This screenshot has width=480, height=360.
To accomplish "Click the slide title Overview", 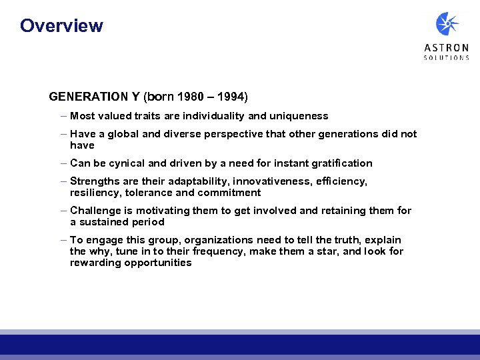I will tap(61, 26).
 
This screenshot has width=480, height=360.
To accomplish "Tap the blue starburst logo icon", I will tap(447, 24).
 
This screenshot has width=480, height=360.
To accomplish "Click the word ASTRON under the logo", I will tap(447, 48).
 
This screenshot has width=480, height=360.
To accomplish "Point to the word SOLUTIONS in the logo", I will tap(447, 58).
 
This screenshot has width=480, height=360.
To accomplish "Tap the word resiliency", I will tap(92, 193).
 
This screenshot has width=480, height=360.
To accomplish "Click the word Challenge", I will tap(95, 211).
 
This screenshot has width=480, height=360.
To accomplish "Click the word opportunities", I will tap(158, 263).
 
